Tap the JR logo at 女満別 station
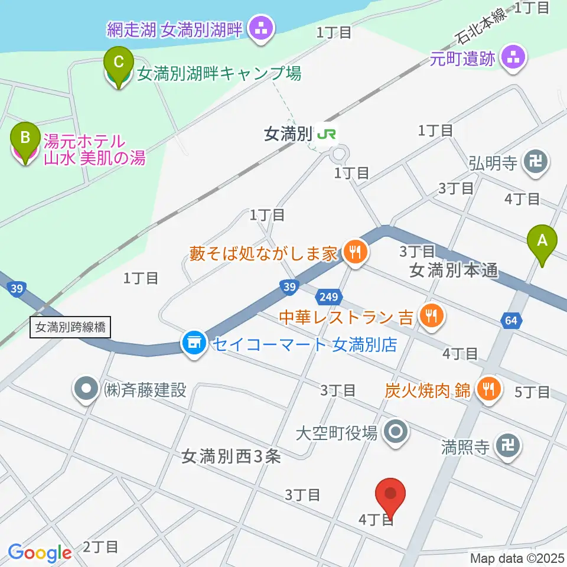tap(326, 134)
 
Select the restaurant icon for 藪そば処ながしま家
tap(354, 253)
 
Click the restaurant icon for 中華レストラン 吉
tap(429, 317)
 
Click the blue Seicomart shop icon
tap(193, 343)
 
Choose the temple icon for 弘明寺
tap(536, 162)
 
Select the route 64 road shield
tap(511, 321)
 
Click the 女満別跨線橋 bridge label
tap(70, 327)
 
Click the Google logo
tap(40, 553)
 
